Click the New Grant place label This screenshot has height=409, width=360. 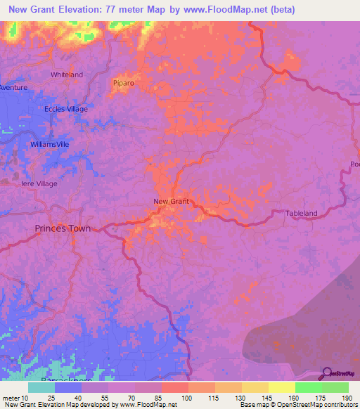[x=172, y=202]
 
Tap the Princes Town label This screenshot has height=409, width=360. [x=63, y=228]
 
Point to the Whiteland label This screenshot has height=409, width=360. [x=67, y=74]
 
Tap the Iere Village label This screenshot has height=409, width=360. [x=39, y=183]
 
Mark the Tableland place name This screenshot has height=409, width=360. [x=302, y=213]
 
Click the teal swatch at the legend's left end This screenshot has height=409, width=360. [x=41, y=387]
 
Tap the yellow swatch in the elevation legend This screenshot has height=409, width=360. [x=281, y=387]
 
